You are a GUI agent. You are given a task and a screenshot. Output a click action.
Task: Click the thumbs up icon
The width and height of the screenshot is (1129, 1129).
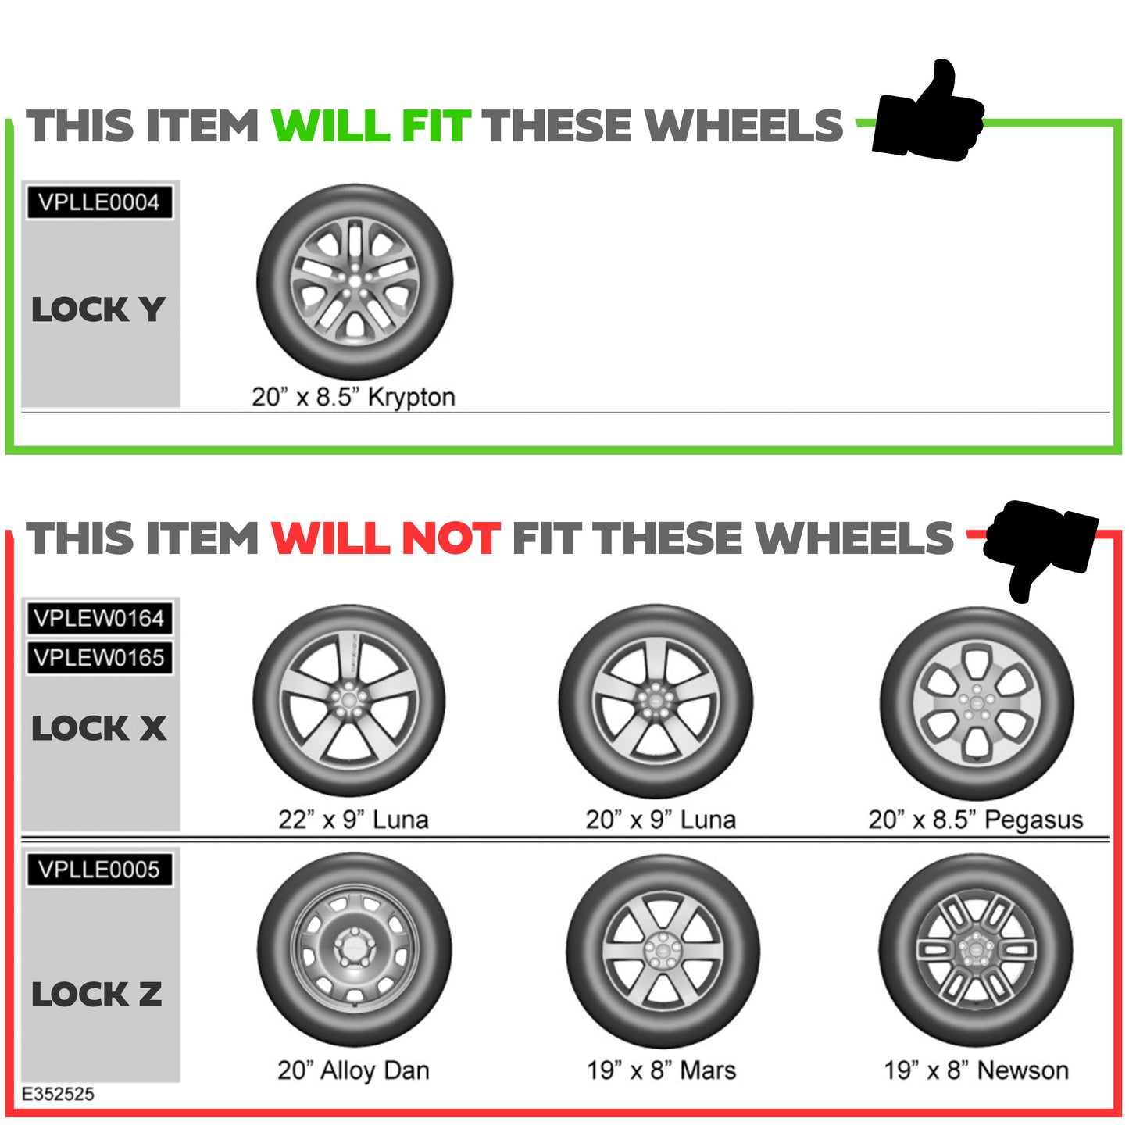tap(927, 113)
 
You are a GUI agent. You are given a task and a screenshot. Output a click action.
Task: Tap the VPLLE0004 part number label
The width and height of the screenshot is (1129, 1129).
tap(99, 202)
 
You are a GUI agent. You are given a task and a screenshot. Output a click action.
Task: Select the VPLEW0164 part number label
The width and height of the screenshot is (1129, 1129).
tap(99, 618)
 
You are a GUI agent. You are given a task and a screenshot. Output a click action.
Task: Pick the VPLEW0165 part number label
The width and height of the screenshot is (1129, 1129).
tap(99, 658)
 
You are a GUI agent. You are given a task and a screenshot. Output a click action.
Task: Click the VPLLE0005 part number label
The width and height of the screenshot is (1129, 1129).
tap(99, 869)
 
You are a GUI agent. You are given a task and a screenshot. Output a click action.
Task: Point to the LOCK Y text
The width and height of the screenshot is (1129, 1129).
tap(98, 309)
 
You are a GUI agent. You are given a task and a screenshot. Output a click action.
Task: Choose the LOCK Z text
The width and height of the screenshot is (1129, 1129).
tap(97, 995)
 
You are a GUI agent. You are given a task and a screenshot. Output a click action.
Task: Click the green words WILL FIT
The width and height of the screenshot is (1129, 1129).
tap(370, 127)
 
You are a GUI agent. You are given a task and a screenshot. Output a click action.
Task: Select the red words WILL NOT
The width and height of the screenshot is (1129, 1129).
tap(385, 538)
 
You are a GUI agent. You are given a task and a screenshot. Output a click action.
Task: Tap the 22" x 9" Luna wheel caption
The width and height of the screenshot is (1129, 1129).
tap(353, 820)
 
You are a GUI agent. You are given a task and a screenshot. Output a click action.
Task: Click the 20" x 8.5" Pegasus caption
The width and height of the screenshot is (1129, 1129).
tap(975, 820)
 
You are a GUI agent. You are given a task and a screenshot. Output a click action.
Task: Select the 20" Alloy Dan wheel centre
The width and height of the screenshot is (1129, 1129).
tap(354, 949)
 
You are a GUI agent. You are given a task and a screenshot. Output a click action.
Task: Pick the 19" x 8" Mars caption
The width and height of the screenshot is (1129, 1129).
tap(661, 1070)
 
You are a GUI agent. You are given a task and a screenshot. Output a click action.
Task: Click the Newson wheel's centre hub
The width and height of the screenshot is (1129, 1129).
tap(975, 949)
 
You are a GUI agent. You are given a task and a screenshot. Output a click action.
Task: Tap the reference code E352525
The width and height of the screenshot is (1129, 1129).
tap(58, 1094)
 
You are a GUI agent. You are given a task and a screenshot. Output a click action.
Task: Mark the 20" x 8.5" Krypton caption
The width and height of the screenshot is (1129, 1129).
tap(353, 397)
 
